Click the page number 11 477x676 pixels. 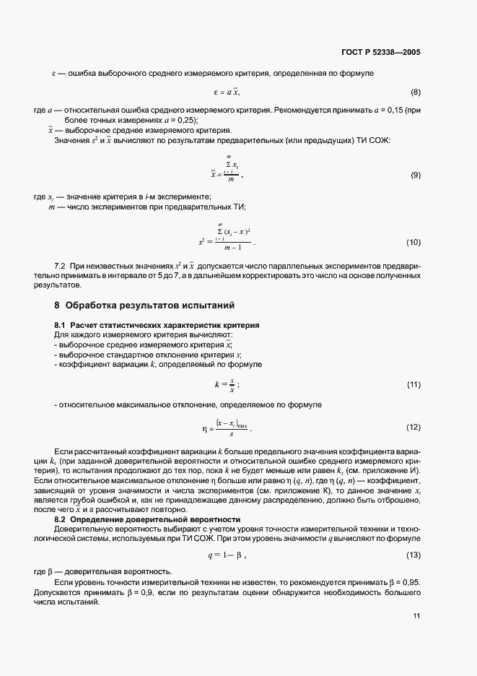coord(416,615)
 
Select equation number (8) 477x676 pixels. coord(416,92)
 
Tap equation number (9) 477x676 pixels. coord(416,175)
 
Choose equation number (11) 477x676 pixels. coord(413,384)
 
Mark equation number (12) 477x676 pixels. coord(413,428)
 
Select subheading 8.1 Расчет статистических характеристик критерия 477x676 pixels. coord(157,325)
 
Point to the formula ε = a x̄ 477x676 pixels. coord(227,92)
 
